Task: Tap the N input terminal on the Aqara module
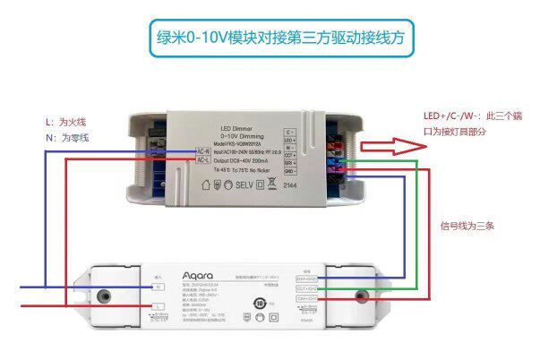[x=159, y=287]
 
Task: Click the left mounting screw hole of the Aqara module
[x=105, y=296]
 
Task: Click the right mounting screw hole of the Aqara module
[x=364, y=296]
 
